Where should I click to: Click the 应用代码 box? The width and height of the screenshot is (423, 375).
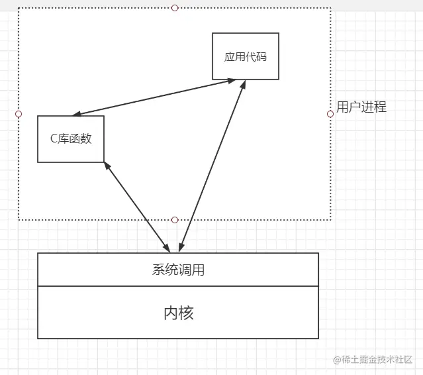245,56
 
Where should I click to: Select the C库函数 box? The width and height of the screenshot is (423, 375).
71,138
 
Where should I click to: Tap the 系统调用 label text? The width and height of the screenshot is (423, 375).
178,270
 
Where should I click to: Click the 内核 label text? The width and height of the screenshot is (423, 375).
178,313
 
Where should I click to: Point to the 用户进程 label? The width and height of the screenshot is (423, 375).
361,107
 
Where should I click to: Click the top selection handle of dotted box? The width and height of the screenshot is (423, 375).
175,8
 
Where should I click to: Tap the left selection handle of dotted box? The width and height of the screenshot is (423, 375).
19,114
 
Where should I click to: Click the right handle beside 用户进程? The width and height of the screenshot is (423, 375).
330,114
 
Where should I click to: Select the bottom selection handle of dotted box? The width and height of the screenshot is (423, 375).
175,219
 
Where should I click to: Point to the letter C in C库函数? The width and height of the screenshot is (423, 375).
54,139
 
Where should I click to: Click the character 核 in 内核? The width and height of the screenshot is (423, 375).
187,313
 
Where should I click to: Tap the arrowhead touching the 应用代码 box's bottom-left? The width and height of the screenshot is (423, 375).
231,81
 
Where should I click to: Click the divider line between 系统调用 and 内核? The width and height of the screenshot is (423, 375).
178,286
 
